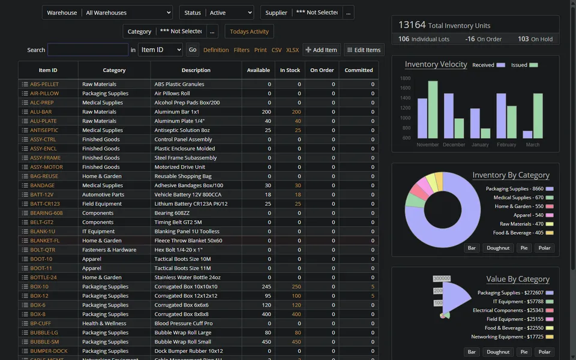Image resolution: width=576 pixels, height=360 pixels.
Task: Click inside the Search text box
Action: click(x=88, y=50)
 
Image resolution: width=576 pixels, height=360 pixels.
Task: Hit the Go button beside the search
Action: click(x=193, y=50)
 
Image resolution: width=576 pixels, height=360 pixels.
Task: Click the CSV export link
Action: click(x=277, y=50)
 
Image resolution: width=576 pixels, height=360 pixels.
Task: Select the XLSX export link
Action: click(x=292, y=50)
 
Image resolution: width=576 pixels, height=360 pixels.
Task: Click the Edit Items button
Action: click(x=364, y=50)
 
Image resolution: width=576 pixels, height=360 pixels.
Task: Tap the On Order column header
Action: click(x=322, y=70)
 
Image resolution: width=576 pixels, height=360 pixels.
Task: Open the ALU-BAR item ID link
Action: click(x=41, y=112)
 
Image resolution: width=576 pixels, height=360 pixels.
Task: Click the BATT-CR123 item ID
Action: click(x=45, y=204)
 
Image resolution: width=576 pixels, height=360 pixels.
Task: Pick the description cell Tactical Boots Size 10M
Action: click(x=182, y=259)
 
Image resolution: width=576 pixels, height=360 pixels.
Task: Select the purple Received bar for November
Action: click(x=422, y=118)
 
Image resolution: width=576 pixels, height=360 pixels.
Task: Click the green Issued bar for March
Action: click(x=538, y=116)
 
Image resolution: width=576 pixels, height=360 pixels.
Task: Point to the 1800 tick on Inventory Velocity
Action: click(x=405, y=78)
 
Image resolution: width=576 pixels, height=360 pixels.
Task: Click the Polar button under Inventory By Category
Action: click(x=544, y=248)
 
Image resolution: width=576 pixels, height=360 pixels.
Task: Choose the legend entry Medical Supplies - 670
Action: click(x=518, y=197)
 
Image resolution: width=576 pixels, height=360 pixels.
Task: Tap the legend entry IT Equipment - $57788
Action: click(x=518, y=301)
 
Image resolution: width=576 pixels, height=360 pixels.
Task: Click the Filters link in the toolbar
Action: click(x=242, y=50)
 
